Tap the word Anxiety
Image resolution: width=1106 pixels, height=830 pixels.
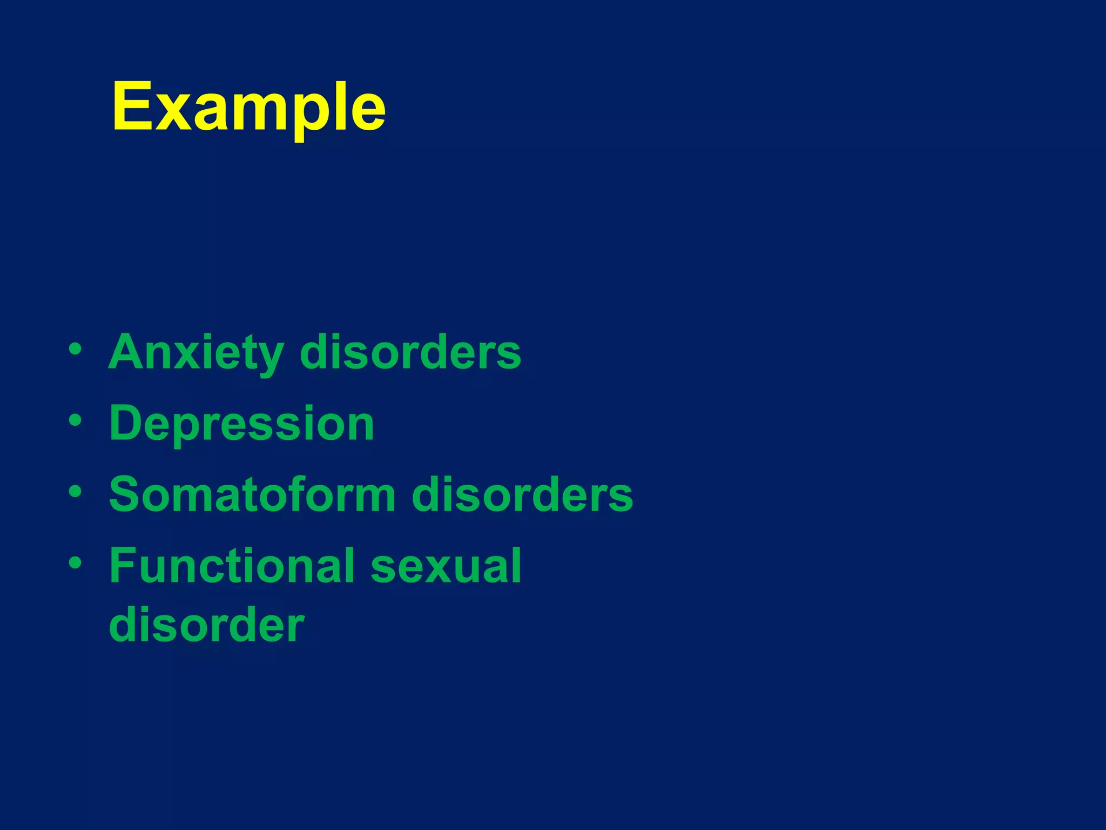[x=196, y=352]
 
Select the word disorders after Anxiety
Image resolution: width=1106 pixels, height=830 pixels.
[x=410, y=352]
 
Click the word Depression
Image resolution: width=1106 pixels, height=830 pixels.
[x=241, y=424]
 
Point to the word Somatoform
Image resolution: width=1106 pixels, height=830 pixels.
[x=252, y=494]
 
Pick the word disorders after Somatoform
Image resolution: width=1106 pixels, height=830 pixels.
[x=522, y=494]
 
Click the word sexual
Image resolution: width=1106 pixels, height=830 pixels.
[x=446, y=566]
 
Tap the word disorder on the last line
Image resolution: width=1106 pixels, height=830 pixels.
[x=207, y=625]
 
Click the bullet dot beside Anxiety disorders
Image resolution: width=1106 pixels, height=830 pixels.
[x=76, y=349]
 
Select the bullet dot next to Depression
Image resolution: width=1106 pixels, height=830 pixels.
[x=76, y=420]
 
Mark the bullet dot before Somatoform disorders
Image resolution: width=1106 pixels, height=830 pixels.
[x=76, y=491]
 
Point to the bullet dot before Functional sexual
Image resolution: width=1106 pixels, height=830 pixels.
[x=76, y=563]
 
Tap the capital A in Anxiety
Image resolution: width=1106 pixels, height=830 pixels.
[x=128, y=352]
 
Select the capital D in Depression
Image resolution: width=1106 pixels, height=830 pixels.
[x=127, y=423]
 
